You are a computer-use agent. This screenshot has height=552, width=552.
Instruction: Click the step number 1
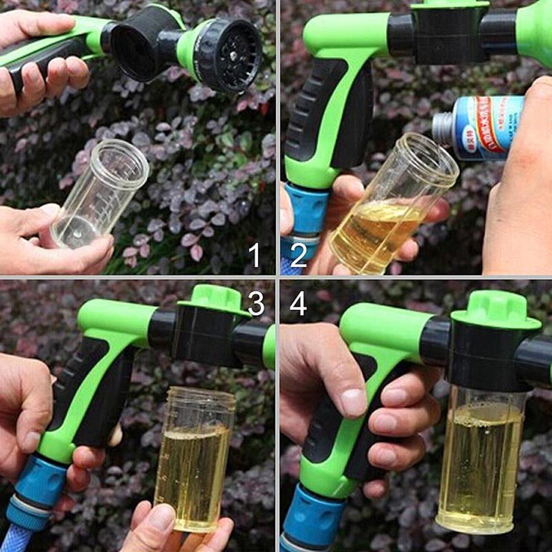pos(254,256)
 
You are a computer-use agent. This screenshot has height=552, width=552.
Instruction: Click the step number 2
pos(299,256)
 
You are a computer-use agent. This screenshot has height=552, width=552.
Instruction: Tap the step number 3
pos(256,303)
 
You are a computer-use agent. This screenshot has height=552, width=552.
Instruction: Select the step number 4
pos(298,303)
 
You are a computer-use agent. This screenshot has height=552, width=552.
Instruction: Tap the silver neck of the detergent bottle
pos(442,129)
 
